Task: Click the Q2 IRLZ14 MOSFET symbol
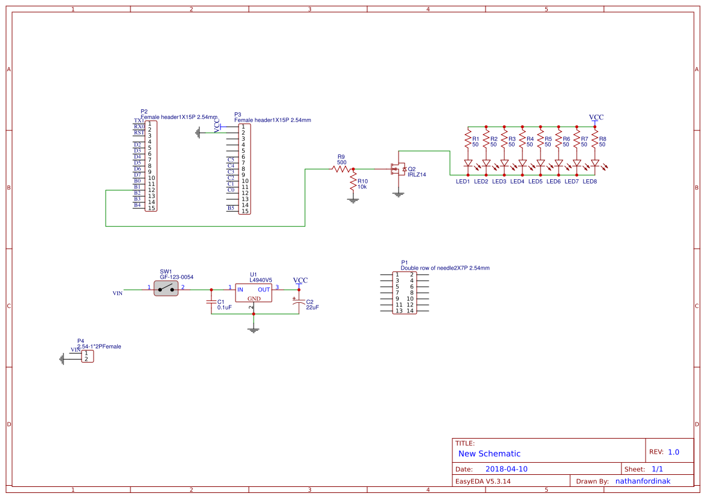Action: pos(397,170)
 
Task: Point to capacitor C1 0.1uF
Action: pos(211,301)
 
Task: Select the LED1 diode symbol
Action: pos(467,164)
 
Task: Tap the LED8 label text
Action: pos(589,182)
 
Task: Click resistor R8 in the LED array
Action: pos(595,141)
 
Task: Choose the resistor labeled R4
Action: pos(522,141)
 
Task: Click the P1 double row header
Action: pos(405,293)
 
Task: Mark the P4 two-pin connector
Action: pos(88,356)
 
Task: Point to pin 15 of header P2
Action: pos(151,208)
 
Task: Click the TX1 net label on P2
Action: pos(139,121)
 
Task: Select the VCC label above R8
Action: pos(596,117)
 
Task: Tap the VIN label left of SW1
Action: pos(118,293)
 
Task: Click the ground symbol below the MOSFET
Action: pos(398,194)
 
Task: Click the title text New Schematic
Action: pos(489,454)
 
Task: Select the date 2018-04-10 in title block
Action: pos(506,469)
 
